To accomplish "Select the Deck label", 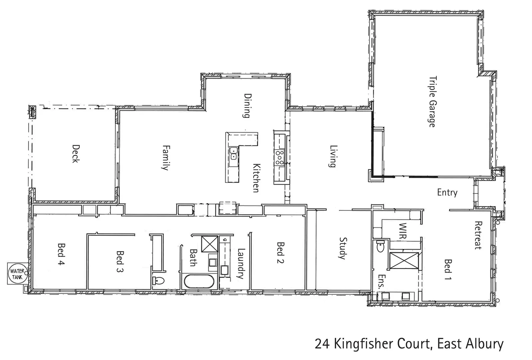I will (x=76, y=153).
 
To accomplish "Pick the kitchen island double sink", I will (x=233, y=154).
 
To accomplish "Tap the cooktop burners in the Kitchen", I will (x=279, y=157).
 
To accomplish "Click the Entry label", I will (x=447, y=192).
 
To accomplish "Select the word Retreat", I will (x=478, y=235).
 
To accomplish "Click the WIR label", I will (x=402, y=231).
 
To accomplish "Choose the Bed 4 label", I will (x=61, y=254).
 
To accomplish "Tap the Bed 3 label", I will (x=120, y=261).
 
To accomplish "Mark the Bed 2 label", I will (x=280, y=253).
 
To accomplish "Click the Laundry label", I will (x=241, y=263).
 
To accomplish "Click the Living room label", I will (x=332, y=156).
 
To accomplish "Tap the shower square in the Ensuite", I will (x=403, y=260).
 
